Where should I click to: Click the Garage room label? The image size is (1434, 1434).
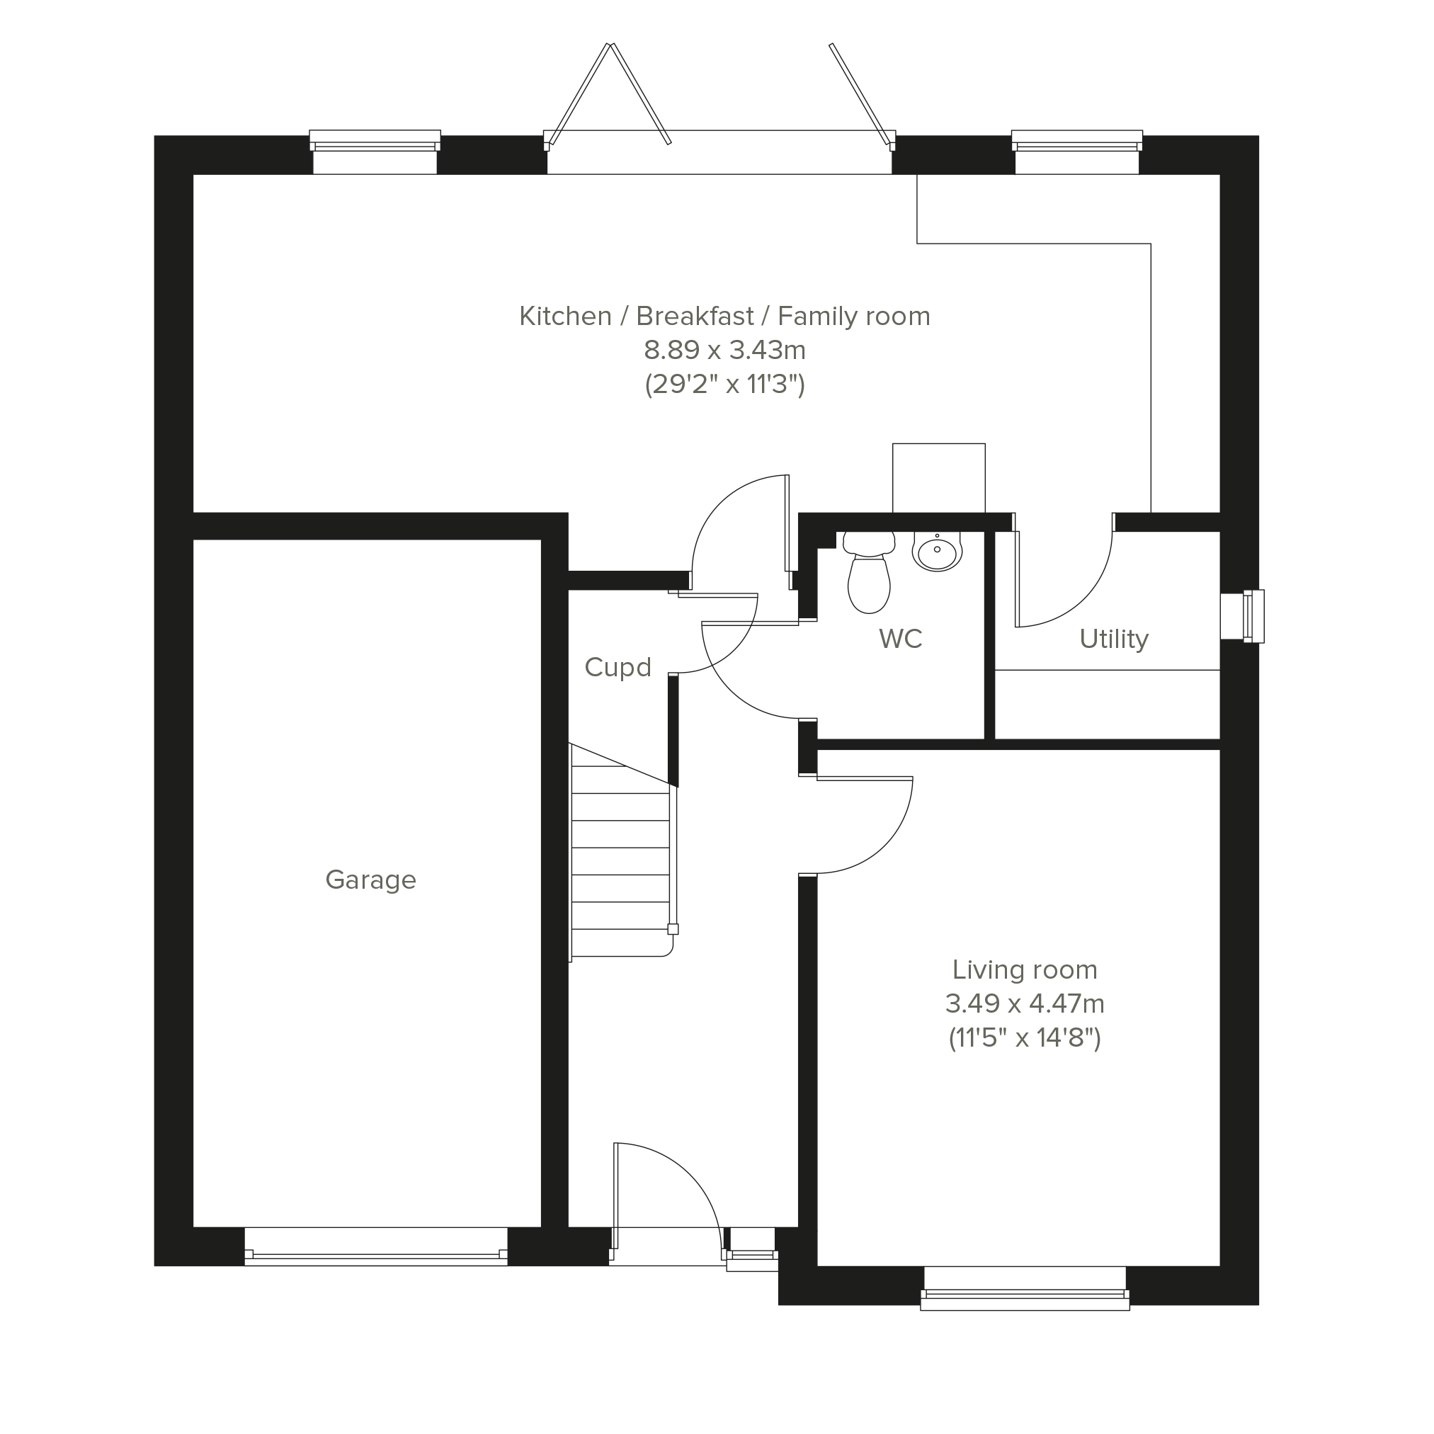[x=370, y=880]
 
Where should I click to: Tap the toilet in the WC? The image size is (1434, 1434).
[x=868, y=573]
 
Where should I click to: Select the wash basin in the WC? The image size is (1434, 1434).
[x=937, y=552]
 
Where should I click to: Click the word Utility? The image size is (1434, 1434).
[x=1113, y=639]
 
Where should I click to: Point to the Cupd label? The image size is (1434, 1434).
[x=618, y=667]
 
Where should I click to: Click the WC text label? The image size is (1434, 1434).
[x=900, y=638]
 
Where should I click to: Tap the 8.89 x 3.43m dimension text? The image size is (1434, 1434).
[x=724, y=349]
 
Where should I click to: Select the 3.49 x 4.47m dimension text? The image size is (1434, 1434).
[x=1024, y=1003]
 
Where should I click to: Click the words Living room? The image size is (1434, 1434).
[x=1024, y=969]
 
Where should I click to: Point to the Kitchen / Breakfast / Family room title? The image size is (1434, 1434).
[x=724, y=317]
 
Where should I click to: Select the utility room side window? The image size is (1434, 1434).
[x=1244, y=616]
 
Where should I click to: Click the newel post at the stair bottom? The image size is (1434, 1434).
[x=673, y=928]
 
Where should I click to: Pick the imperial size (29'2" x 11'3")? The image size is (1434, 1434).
[x=724, y=385]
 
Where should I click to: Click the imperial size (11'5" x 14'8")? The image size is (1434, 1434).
[x=1024, y=1037]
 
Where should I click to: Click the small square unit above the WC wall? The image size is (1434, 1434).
[x=939, y=478]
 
